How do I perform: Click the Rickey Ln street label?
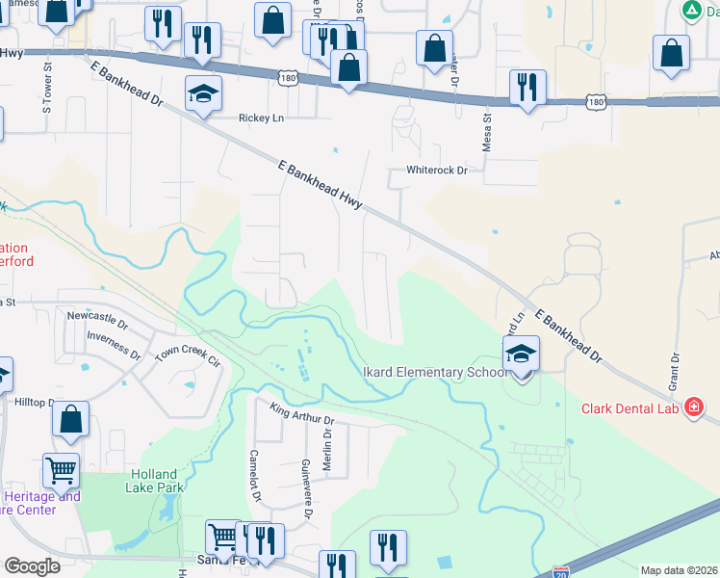262,118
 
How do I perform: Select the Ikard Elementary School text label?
433,372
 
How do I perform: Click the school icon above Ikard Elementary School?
521,354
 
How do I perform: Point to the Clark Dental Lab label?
630,407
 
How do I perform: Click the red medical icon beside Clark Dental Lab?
692,407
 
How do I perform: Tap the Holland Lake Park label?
152,481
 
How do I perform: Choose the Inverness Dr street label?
114,336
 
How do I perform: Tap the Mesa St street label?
486,131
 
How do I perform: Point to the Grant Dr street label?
675,371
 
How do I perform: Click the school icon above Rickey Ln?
202,93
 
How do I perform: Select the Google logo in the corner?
32,566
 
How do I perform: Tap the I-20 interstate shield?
561,572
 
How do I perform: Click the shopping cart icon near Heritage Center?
61,471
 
